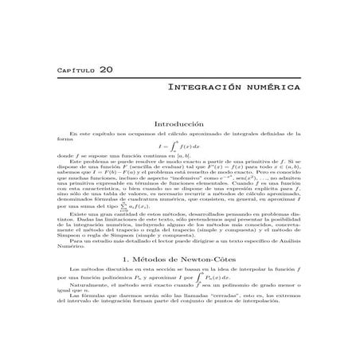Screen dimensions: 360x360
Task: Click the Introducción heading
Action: (x=180, y=124)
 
